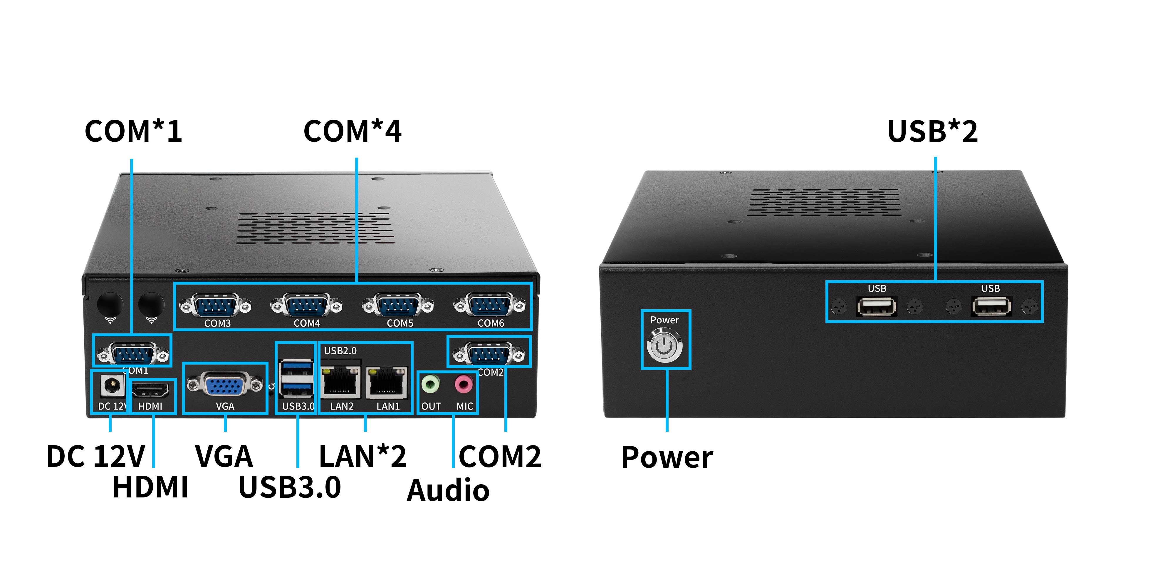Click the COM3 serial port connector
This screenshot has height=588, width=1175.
215,305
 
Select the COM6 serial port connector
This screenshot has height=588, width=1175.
489,305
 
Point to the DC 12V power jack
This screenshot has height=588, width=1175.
111,385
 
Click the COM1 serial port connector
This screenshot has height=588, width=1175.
133,354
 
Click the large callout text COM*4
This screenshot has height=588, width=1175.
352,131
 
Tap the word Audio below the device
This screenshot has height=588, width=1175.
448,490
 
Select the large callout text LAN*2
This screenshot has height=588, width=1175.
362,457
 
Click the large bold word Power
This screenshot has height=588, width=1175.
667,457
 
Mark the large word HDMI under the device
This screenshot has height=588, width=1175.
150,487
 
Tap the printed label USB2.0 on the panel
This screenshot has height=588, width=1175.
340,351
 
